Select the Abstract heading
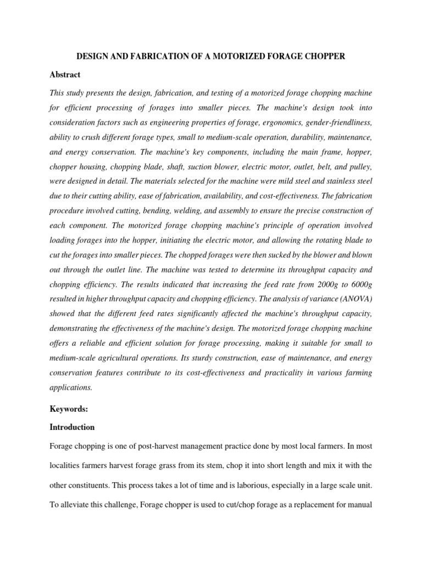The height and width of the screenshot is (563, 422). click(65, 74)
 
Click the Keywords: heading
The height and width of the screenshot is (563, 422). click(68, 409)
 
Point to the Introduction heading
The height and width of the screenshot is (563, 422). click(72, 427)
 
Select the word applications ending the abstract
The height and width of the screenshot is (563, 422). click(70, 387)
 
